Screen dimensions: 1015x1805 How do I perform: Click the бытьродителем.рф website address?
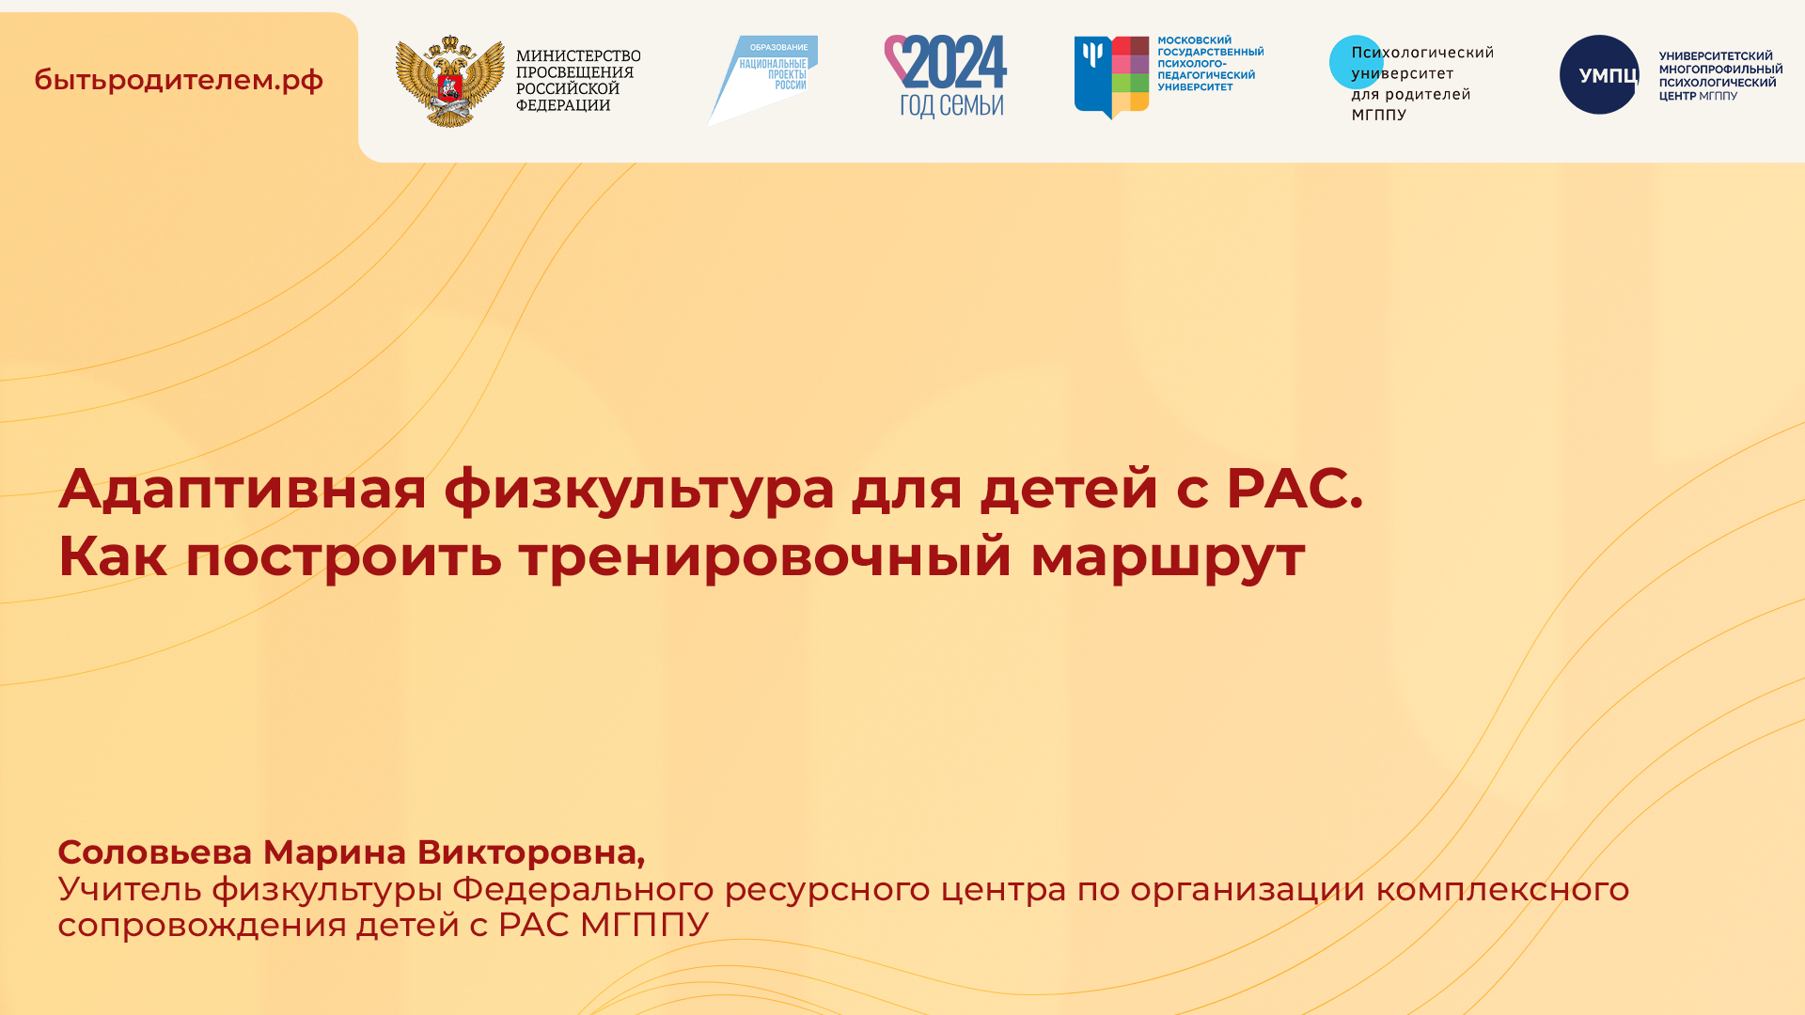[179, 80]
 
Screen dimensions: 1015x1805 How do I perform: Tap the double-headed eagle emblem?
[449, 81]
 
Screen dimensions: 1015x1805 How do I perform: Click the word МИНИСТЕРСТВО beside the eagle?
[578, 56]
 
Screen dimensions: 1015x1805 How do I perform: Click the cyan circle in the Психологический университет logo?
[1355, 62]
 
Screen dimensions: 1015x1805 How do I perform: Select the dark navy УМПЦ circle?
[1598, 75]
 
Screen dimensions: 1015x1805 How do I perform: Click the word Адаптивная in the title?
[243, 489]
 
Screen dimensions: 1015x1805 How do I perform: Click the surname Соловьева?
[155, 852]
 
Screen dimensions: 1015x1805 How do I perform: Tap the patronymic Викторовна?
[530, 852]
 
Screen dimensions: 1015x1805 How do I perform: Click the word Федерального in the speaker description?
[583, 890]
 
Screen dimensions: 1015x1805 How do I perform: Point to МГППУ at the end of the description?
[644, 925]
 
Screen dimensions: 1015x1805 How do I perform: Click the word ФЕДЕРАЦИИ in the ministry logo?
[563, 105]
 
